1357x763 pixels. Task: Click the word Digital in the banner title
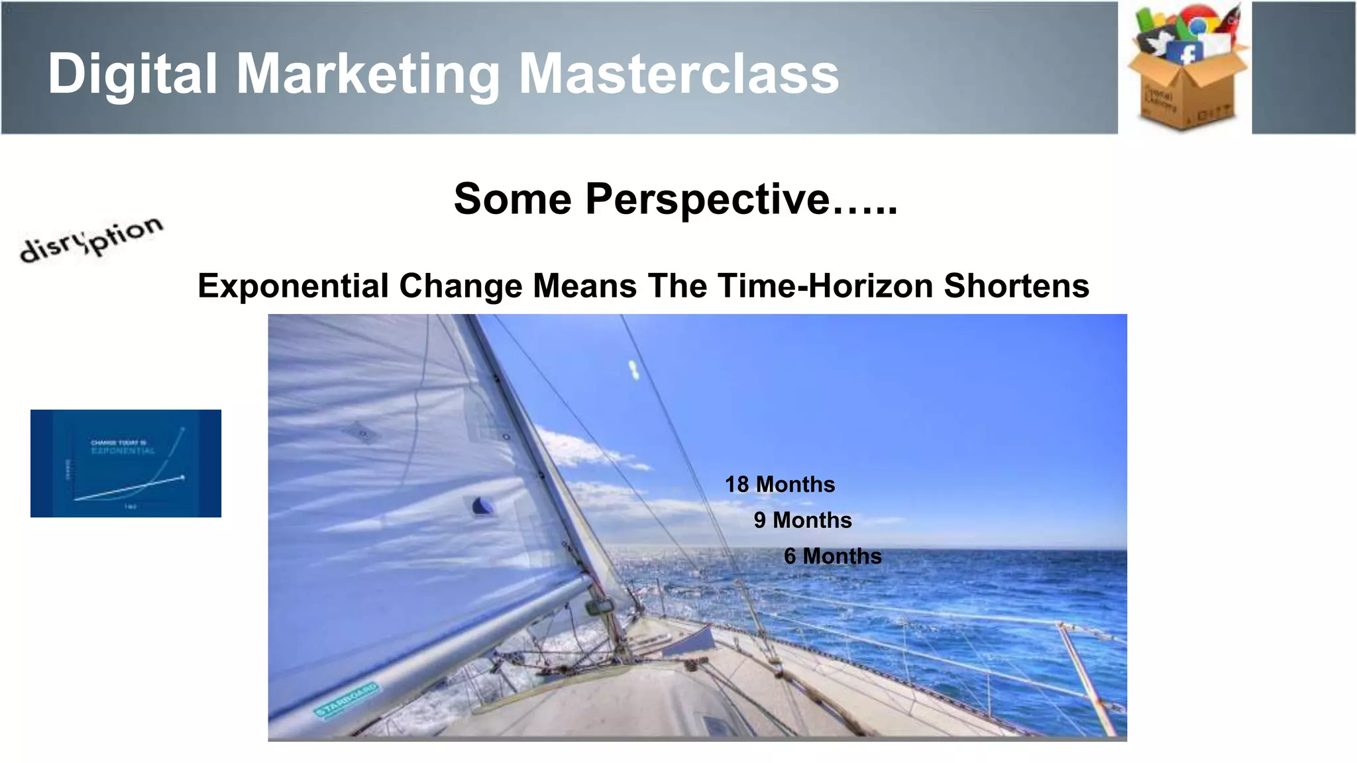133,74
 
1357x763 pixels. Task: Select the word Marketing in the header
368,74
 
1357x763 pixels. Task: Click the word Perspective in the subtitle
708,199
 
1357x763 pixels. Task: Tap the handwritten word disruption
91,239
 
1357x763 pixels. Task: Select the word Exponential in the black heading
293,286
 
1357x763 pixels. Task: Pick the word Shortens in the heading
1016,286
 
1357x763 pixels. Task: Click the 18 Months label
780,484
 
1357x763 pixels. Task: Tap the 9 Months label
802,520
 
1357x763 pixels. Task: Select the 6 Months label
833,556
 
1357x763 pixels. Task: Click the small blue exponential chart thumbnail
126,463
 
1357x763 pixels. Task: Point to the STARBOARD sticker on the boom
347,700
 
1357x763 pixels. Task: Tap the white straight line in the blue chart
129,488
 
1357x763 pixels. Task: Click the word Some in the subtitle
512,199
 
